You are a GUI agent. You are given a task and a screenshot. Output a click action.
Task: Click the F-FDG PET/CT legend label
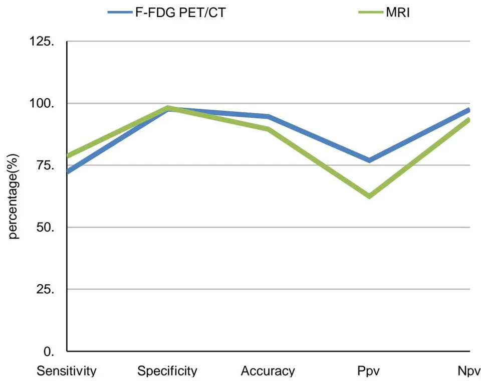180,13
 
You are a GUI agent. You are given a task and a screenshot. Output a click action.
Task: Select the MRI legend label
398,13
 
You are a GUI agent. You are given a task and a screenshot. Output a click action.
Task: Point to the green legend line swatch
371,13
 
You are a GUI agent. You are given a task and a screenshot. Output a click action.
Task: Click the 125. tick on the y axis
42,41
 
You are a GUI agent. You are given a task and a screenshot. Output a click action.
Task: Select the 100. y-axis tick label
42,103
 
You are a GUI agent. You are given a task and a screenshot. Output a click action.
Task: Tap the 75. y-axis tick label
46,165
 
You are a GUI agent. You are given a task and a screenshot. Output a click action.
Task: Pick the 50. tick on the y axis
46,228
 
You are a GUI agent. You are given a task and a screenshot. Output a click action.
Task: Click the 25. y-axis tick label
46,289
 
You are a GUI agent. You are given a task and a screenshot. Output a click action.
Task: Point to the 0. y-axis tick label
49,351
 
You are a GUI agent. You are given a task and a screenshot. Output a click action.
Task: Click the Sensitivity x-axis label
67,371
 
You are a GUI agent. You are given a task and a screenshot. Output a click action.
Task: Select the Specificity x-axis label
167,371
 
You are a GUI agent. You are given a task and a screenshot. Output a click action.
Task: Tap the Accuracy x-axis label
268,371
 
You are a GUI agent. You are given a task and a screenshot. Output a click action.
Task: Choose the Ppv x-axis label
368,371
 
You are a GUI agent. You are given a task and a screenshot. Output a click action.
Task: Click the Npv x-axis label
469,371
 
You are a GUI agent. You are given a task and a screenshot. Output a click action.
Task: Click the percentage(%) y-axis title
13,197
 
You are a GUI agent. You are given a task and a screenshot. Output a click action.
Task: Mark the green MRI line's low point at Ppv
369,196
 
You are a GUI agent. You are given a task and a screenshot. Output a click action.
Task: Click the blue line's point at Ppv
369,160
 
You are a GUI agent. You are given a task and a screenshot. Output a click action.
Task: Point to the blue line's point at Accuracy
268,116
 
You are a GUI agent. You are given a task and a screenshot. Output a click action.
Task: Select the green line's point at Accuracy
268,129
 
